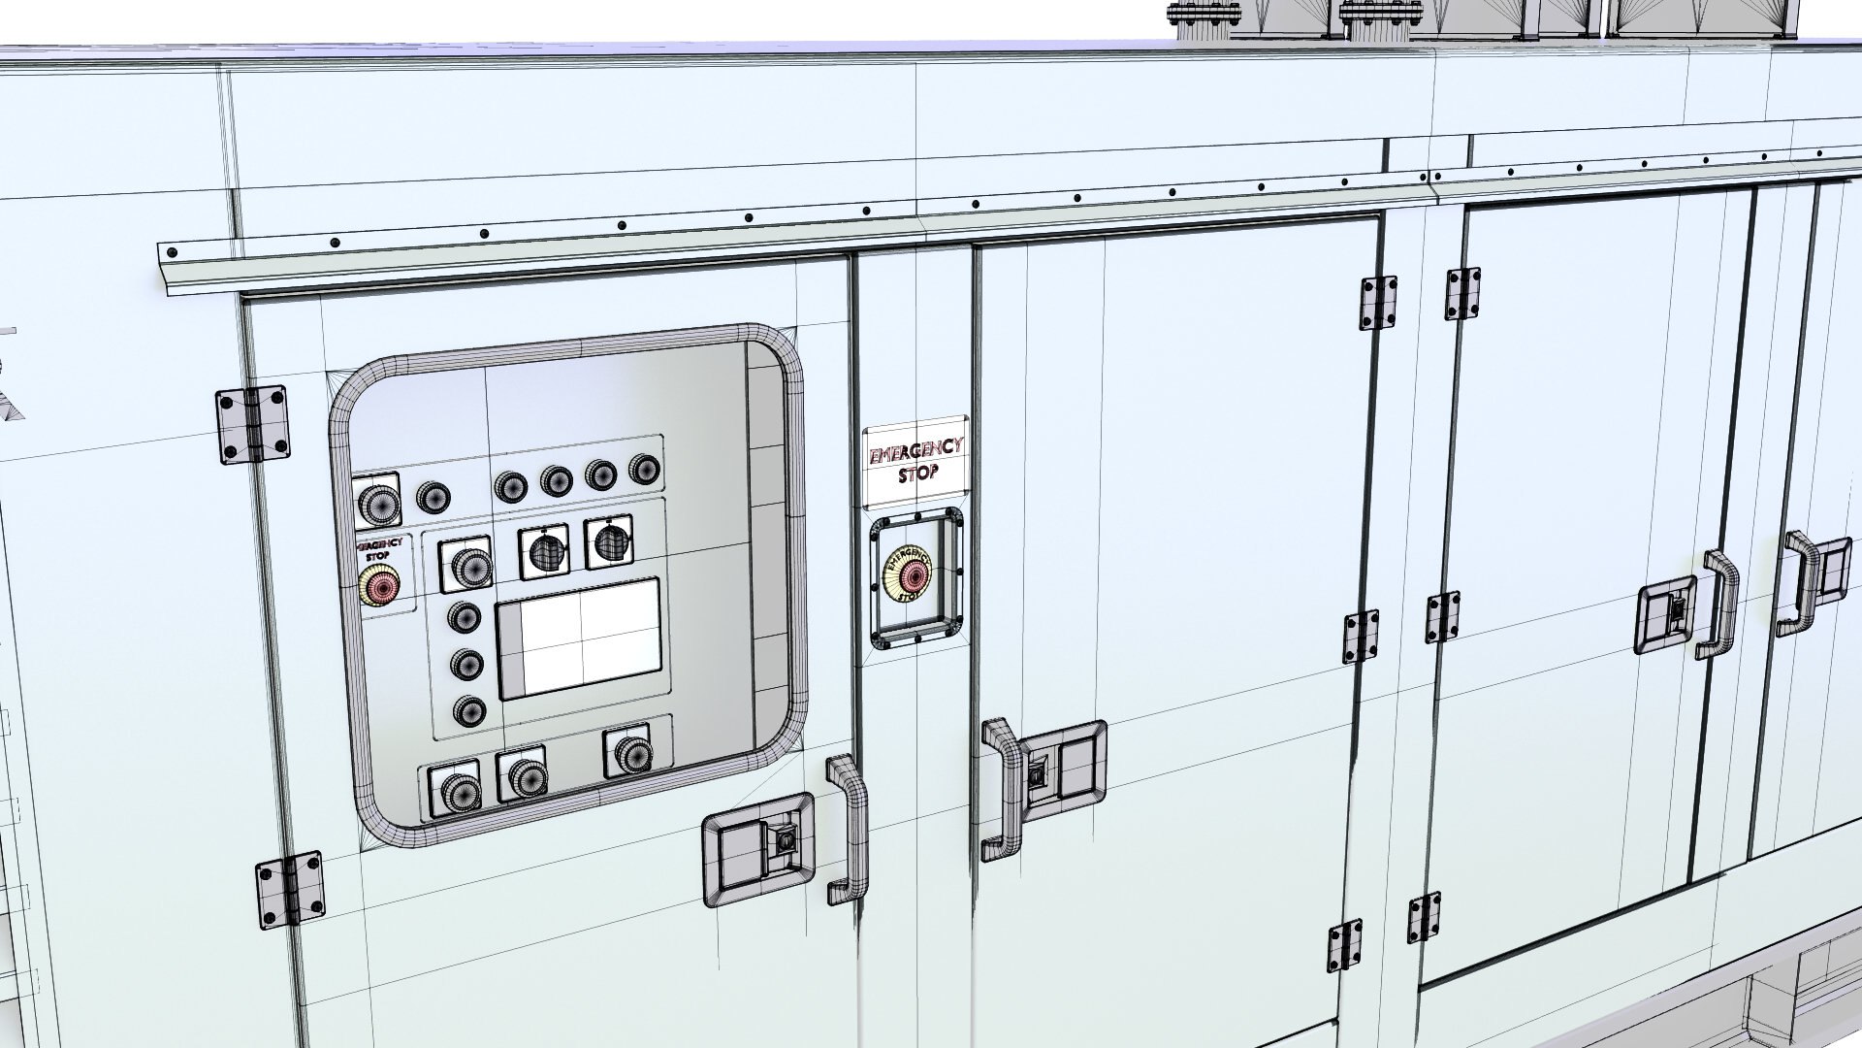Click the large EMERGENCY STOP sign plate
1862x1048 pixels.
[x=915, y=462]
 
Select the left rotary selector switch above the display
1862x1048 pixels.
[x=543, y=551]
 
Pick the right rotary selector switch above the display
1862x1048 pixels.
[x=608, y=542]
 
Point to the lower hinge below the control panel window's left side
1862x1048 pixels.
[x=290, y=890]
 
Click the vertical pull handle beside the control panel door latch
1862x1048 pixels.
[x=846, y=832]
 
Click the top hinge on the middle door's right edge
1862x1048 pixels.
[x=1378, y=303]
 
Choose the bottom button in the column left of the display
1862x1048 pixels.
[x=469, y=711]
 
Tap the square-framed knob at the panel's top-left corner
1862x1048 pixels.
[x=376, y=501]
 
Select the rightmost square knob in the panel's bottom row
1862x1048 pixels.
[x=630, y=752]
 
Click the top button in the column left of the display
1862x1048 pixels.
[x=465, y=617]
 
